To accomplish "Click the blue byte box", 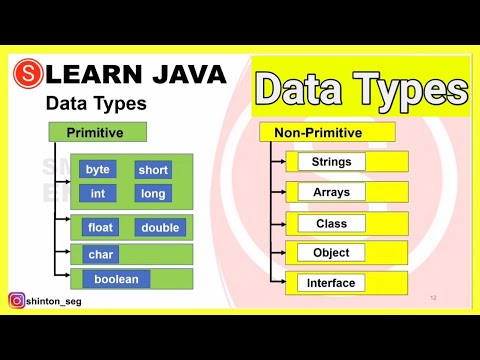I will pyautogui.click(x=98, y=170).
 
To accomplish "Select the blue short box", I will pyautogui.click(x=153, y=170).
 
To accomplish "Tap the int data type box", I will pyautogui.click(x=98, y=193).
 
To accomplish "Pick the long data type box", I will pyautogui.click(x=153, y=193).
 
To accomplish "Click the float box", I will pyautogui.click(x=100, y=228).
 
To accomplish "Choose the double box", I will pyautogui.click(x=159, y=228).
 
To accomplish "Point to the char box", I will pyautogui.click(x=100, y=255).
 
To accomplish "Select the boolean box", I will pyautogui.click(x=116, y=279).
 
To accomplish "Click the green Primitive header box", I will pyautogui.click(x=97, y=132).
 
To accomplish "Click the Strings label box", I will pyautogui.click(x=331, y=161).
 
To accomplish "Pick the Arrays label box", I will pyautogui.click(x=331, y=191).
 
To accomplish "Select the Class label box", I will pyautogui.click(x=331, y=223).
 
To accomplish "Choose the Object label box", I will pyautogui.click(x=331, y=253).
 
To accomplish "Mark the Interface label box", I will pyautogui.click(x=331, y=283).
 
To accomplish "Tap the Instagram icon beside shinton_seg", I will pyautogui.click(x=17, y=300).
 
